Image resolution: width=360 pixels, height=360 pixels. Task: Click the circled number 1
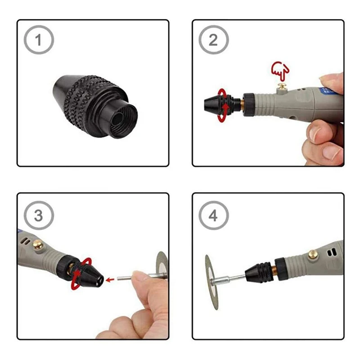[38, 40]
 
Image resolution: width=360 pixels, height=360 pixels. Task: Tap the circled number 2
[213, 40]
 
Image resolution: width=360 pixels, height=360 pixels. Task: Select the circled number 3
[38, 215]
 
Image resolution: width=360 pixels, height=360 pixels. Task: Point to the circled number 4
[213, 216]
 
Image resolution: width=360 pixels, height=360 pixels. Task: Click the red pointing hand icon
[279, 69]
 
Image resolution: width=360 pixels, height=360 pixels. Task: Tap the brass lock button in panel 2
[282, 86]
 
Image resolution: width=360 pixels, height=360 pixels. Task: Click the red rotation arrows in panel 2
[222, 105]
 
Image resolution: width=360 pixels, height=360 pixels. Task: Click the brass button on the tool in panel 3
[38, 245]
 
